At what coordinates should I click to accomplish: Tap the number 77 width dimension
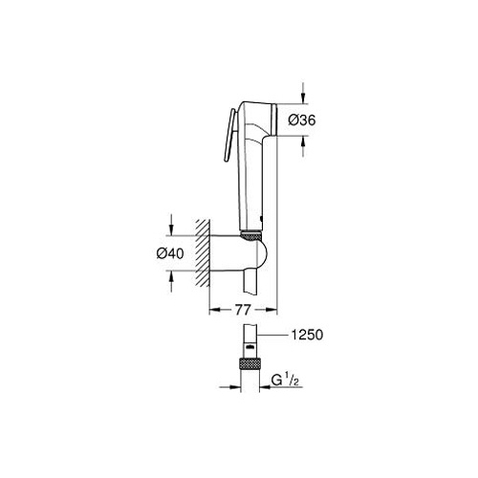(245, 312)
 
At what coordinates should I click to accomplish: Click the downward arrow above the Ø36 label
(301, 98)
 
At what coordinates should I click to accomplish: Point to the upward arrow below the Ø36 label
(301, 141)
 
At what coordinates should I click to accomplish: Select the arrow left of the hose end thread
(233, 388)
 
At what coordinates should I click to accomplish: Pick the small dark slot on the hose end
(252, 346)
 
